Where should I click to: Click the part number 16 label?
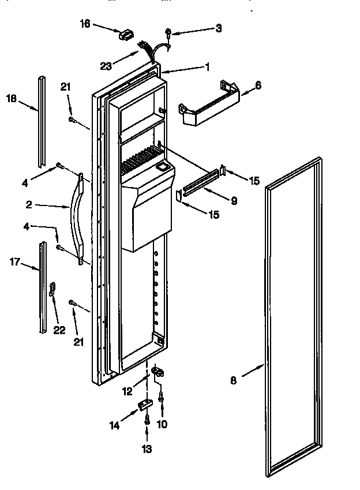coord(85,24)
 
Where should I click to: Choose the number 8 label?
coord(233,380)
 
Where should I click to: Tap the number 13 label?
coord(147,448)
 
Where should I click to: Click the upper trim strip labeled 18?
coord(42,118)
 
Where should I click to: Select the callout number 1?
coord(207,66)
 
